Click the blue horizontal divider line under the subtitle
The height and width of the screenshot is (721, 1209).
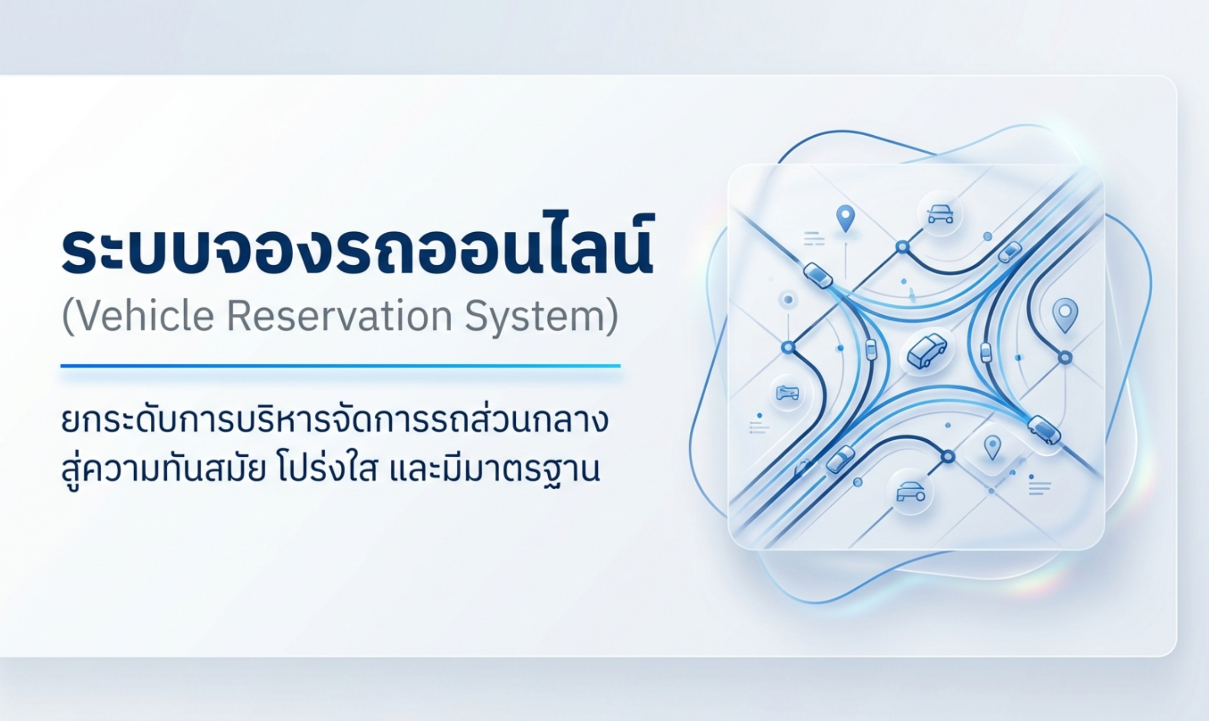click(x=340, y=366)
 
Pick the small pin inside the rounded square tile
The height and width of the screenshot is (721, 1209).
click(x=992, y=446)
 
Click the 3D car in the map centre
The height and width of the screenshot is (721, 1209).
click(x=927, y=350)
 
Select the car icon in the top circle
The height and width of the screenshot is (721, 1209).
click(x=940, y=214)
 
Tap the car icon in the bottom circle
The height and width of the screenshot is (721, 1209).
click(x=911, y=492)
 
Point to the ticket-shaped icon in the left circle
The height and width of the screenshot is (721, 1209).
click(x=787, y=393)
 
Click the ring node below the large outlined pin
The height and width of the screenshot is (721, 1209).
click(x=1065, y=357)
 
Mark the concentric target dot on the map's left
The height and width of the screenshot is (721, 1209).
click(x=788, y=299)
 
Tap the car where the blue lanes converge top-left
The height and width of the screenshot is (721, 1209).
click(x=818, y=275)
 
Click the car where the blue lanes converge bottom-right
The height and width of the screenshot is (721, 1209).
click(x=1044, y=430)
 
